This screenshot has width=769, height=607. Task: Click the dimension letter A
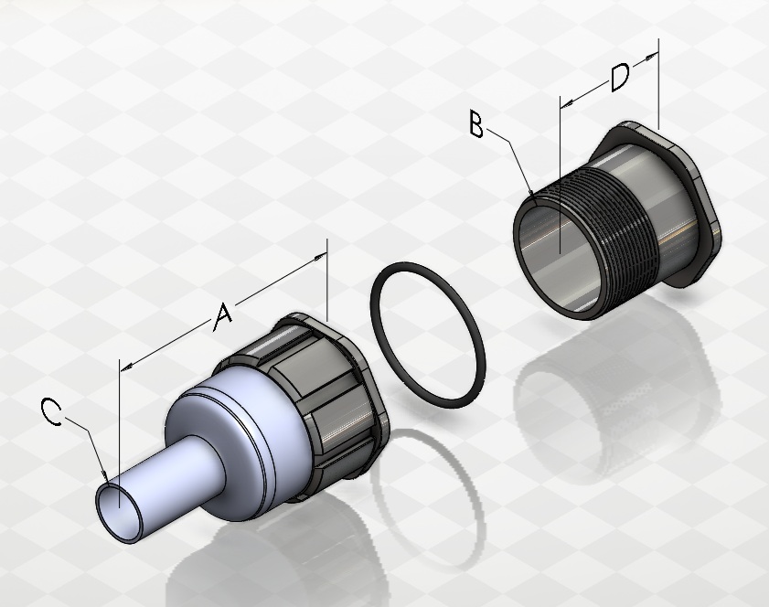pyautogui.click(x=223, y=316)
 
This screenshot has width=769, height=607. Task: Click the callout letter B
pyautogui.click(x=476, y=123)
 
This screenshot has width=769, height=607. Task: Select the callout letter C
pyautogui.click(x=52, y=410)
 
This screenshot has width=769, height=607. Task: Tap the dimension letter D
pyautogui.click(x=619, y=78)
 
